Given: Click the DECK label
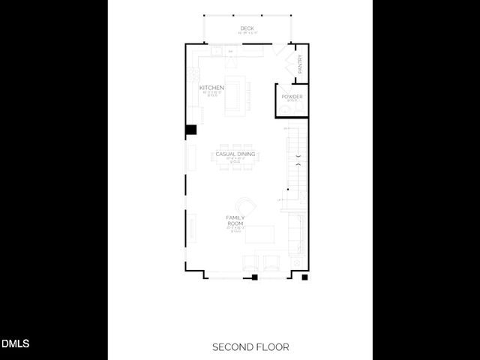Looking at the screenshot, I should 247,28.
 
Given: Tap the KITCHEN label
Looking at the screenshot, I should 211,88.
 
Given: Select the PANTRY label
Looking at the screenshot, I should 299,64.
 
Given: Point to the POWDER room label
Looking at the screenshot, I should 292,97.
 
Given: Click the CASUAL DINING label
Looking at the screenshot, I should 235,154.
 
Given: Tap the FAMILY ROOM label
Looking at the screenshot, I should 235,220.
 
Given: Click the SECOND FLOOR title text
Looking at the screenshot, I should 250,347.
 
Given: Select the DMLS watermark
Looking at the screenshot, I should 15,344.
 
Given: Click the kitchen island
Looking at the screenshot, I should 239,94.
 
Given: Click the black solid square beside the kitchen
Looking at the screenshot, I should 191,129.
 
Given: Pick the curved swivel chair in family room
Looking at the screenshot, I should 245,205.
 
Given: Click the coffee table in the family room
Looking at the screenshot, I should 259,235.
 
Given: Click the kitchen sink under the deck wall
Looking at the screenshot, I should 217,52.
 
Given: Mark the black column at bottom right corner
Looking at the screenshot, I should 304,277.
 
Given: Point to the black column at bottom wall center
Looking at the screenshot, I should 255,277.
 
